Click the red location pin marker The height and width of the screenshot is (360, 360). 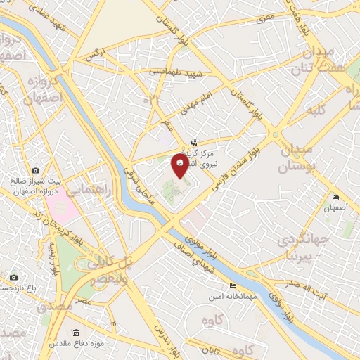[180, 166]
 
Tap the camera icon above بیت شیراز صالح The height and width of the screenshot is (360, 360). [35, 170]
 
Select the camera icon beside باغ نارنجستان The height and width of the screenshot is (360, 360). [13, 278]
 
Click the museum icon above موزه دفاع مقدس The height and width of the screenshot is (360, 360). [77, 333]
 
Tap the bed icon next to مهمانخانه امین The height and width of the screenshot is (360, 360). [233, 286]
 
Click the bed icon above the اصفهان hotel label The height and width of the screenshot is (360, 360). [336, 198]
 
